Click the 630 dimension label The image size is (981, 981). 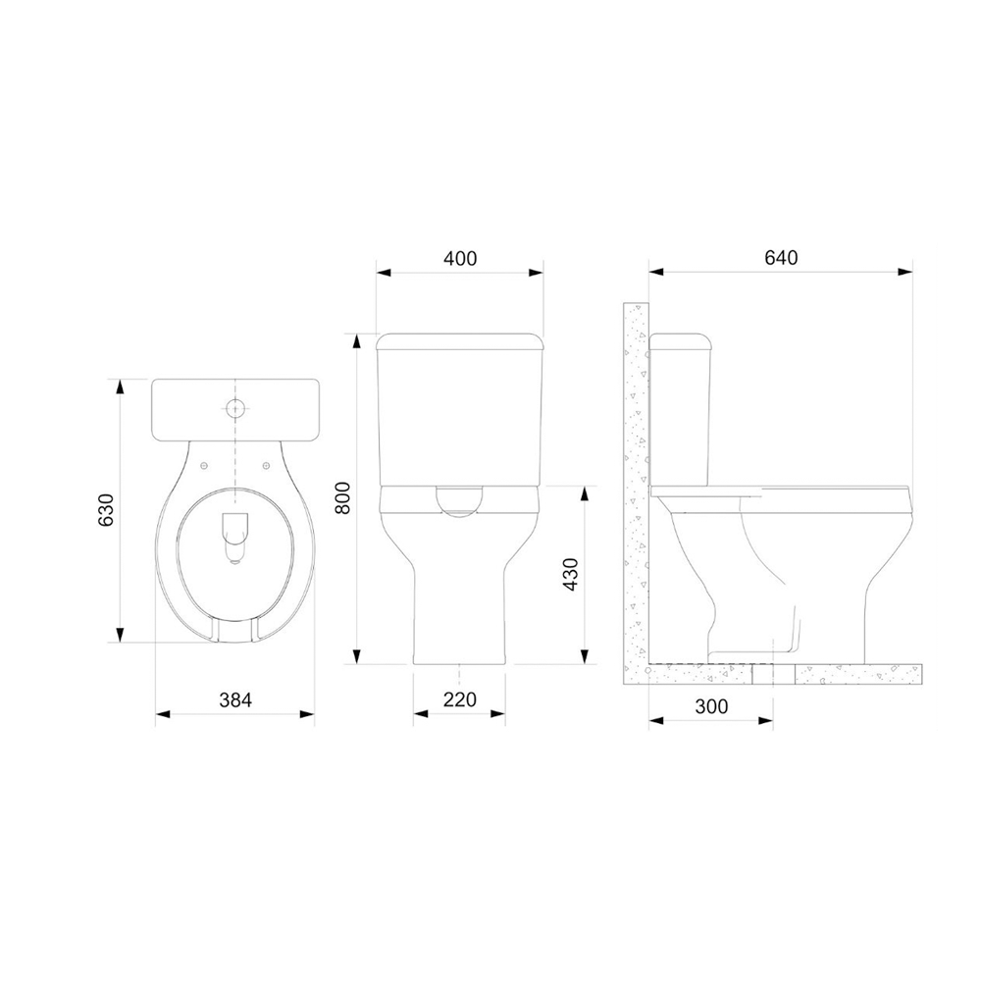[106, 509]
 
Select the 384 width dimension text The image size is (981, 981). [235, 699]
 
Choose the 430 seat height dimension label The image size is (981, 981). [571, 575]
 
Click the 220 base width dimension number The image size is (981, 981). [459, 699]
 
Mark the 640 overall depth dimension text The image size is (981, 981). [781, 258]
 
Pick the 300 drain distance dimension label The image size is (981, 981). [711, 706]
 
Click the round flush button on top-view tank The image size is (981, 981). [235, 407]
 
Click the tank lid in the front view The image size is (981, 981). [460, 341]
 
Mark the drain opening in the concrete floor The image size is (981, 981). [773, 674]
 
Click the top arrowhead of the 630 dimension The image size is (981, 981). [121, 386]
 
